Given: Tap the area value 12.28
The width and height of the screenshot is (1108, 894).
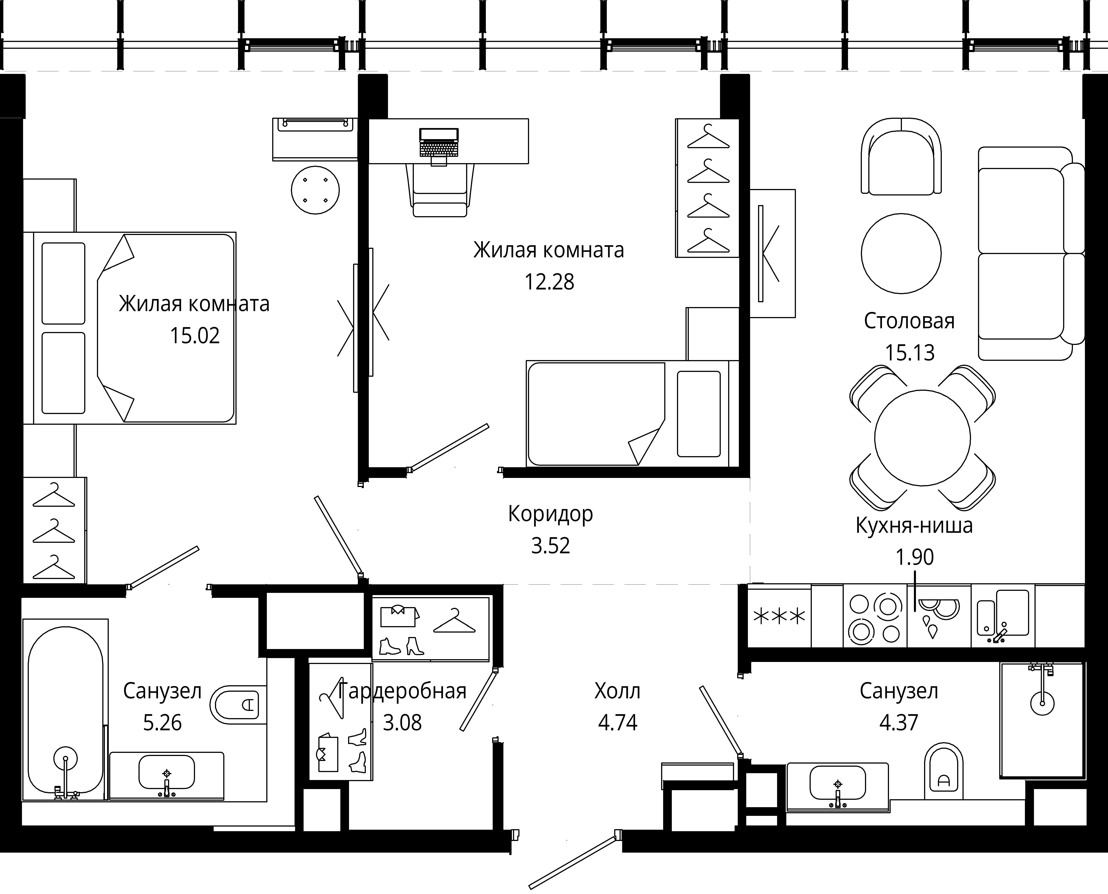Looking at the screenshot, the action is tap(549, 282).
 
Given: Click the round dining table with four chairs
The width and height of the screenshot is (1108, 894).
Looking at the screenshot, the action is tap(922, 438).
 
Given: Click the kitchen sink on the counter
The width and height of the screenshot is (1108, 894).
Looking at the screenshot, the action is tap(1003, 616).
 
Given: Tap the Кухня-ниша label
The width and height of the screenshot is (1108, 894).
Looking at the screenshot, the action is tap(914, 525).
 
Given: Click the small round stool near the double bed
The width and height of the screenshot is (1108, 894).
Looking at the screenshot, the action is tap(315, 190).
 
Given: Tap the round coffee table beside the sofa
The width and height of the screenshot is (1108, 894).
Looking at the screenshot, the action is tap(901, 253).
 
